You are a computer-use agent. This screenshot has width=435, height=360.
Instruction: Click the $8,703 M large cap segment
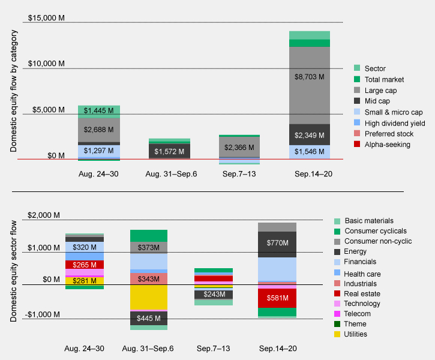click(x=310, y=77)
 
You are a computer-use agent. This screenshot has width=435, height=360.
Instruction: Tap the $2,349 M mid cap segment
click(x=310, y=135)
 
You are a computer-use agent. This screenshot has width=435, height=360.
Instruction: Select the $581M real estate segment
click(x=310, y=298)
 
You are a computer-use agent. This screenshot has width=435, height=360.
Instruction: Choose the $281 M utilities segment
click(x=84, y=280)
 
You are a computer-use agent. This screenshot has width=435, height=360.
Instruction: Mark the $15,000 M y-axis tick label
click(x=44, y=18)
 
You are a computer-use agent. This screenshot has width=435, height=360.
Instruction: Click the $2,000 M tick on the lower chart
click(x=44, y=215)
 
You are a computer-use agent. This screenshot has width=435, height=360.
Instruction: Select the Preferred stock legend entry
click(x=381, y=133)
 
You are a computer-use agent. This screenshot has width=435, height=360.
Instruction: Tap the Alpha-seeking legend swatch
click(x=356, y=145)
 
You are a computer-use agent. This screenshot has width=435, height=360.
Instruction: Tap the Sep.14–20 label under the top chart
click(x=310, y=173)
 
